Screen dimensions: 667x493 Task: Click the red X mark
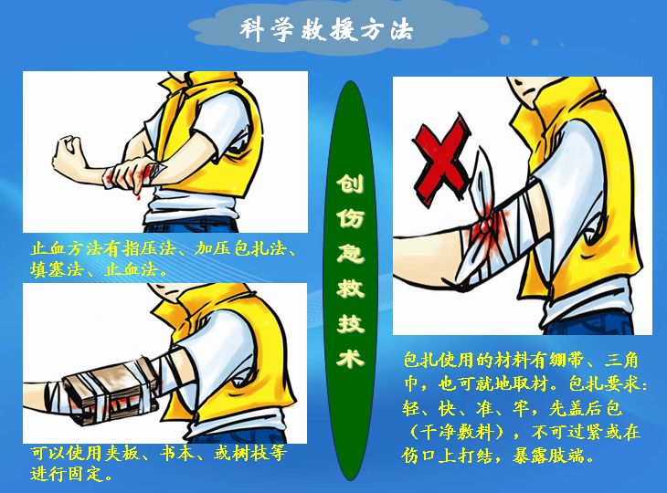tap(442, 162)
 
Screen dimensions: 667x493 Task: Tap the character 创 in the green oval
tap(351, 184)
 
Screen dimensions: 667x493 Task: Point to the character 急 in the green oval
tap(351, 255)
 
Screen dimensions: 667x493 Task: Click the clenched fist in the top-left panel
tap(69, 155)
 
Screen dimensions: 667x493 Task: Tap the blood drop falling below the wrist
tap(138, 197)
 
